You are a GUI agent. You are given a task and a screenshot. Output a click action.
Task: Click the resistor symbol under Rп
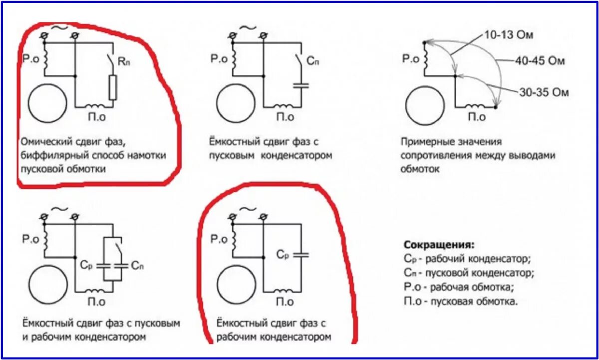click(113, 87)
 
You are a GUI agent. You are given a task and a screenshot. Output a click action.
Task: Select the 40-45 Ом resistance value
click(540, 61)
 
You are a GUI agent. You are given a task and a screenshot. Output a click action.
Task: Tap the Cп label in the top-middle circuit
click(312, 61)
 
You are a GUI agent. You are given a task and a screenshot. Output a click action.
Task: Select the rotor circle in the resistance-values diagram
click(424, 106)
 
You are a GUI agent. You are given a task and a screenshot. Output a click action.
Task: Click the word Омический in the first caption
click(45, 141)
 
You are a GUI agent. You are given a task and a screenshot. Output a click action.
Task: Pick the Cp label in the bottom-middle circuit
click(283, 254)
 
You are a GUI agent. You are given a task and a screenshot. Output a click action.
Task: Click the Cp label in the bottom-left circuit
click(86, 265)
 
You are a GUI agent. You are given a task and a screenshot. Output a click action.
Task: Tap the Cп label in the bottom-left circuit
click(138, 265)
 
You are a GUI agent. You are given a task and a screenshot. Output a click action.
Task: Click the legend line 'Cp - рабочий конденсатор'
click(467, 259)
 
